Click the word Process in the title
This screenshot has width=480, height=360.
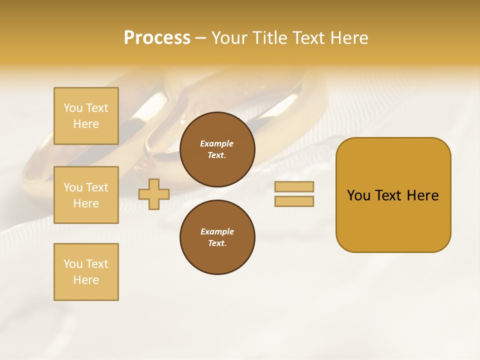pyautogui.click(x=157, y=38)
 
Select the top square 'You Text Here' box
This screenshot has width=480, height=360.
pyautogui.click(x=86, y=116)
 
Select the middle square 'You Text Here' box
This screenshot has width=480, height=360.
pyautogui.click(x=86, y=195)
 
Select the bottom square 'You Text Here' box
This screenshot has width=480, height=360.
pyautogui.click(x=86, y=272)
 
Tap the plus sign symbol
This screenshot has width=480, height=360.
pyautogui.click(x=154, y=194)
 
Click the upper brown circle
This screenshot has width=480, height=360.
pyautogui.click(x=217, y=149)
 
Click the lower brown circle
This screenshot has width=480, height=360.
pyautogui.click(x=217, y=237)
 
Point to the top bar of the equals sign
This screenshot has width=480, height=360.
pyautogui.click(x=294, y=187)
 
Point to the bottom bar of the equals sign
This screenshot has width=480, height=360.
pyautogui.click(x=294, y=201)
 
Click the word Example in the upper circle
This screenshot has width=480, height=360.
pyautogui.click(x=217, y=143)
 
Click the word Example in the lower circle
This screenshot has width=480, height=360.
pyautogui.click(x=217, y=231)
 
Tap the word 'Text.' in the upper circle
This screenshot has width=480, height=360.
pyautogui.click(x=217, y=155)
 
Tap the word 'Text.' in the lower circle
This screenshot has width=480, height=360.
pyautogui.click(x=217, y=243)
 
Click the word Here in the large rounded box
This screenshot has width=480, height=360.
pyautogui.click(x=422, y=195)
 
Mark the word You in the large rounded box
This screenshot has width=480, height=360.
pyautogui.click(x=358, y=195)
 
